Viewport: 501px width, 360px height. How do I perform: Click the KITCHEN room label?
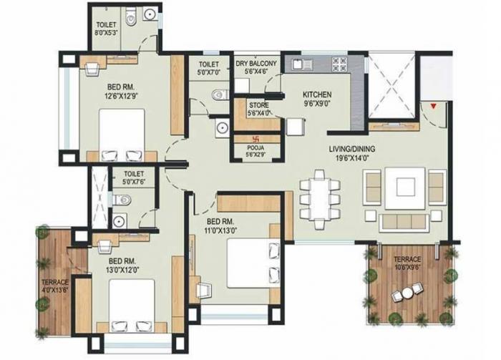[x=316, y=94]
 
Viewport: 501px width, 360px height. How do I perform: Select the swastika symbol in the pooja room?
[x=251, y=140]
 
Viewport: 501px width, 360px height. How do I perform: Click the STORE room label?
[x=259, y=104]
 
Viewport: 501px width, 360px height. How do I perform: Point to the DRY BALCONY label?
[x=256, y=63]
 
